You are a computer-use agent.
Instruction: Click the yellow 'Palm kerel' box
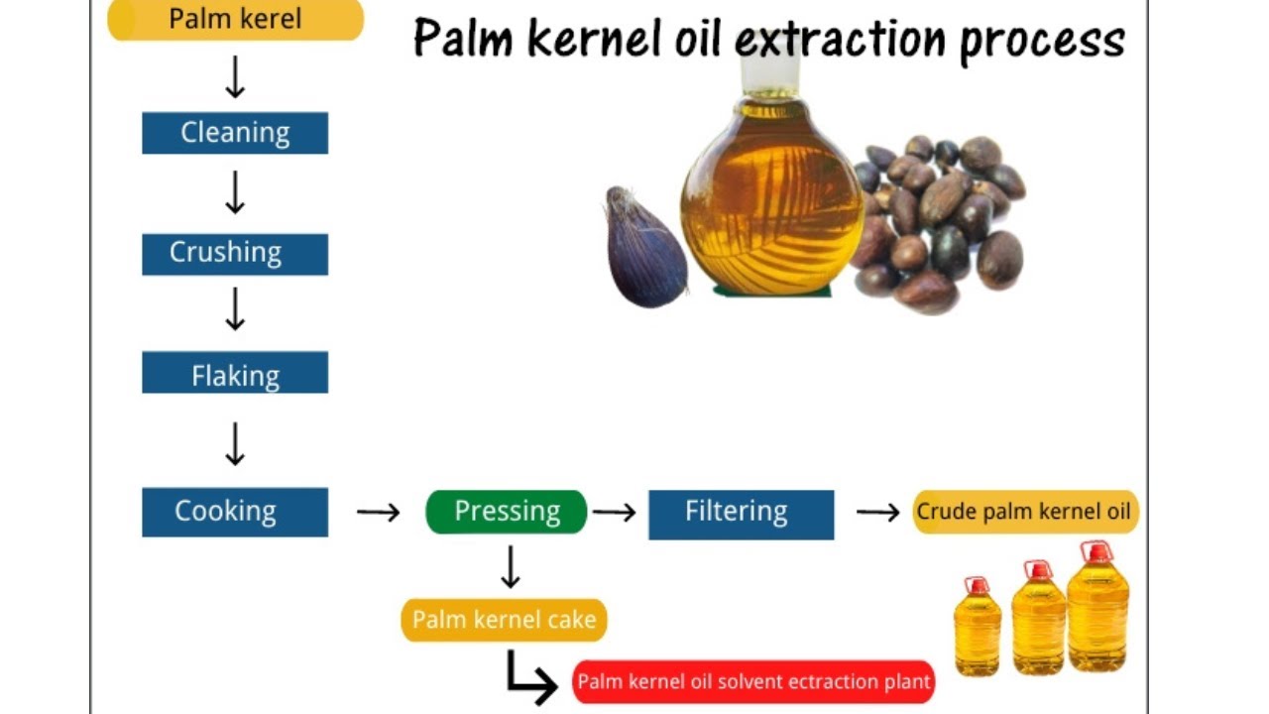tap(235, 20)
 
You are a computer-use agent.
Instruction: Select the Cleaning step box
tap(235, 133)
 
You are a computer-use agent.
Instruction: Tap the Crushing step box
tap(235, 253)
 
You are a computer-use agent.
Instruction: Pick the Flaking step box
tap(235, 374)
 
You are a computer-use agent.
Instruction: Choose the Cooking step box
tap(235, 512)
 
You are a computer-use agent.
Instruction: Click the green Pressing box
tap(507, 512)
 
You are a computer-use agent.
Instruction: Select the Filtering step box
tap(741, 514)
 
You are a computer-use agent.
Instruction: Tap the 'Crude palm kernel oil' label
tap(1025, 512)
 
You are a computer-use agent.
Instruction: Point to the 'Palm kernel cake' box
tap(504, 621)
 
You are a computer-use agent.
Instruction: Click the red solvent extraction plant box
tap(753, 682)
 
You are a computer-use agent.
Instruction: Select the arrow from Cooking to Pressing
tap(378, 512)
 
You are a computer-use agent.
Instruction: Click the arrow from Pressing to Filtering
tap(614, 512)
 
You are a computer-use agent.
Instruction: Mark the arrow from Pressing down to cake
tap(511, 566)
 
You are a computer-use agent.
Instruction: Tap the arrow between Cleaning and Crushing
tap(235, 192)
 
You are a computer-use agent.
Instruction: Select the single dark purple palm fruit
tap(644, 247)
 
